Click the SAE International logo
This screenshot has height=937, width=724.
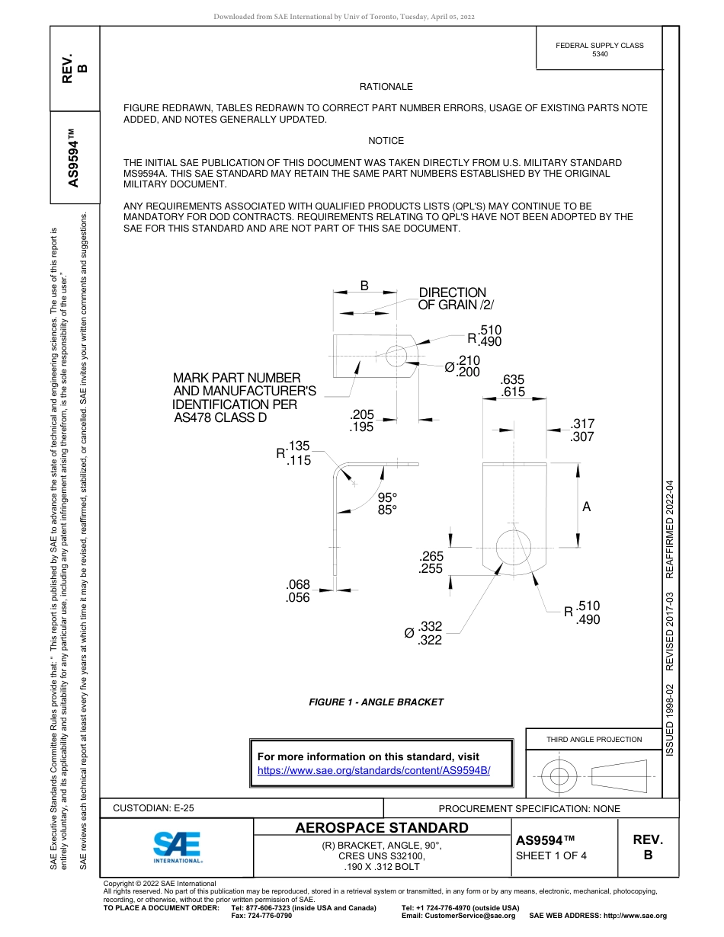coord(177,846)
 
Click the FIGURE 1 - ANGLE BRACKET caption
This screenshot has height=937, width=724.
coord(376,702)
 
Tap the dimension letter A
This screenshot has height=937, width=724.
coord(586,507)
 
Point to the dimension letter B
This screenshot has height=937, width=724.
coord(364,286)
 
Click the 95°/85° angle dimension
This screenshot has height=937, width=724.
coord(388,504)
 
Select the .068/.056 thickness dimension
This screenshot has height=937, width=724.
coord(298,591)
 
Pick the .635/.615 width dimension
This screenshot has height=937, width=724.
coord(513,386)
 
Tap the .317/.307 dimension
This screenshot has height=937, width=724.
coord(582,430)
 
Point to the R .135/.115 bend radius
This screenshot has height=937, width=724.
coord(294,453)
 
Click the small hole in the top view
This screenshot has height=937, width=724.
coord(396,355)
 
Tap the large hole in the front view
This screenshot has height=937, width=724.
coord(513,546)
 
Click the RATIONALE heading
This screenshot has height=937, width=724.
coord(386,87)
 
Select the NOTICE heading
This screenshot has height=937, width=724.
coord(386,141)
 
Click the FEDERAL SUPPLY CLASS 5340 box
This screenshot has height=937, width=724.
coord(599,50)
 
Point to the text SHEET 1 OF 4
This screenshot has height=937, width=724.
coord(551,855)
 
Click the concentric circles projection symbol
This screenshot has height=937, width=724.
coord(559,776)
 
